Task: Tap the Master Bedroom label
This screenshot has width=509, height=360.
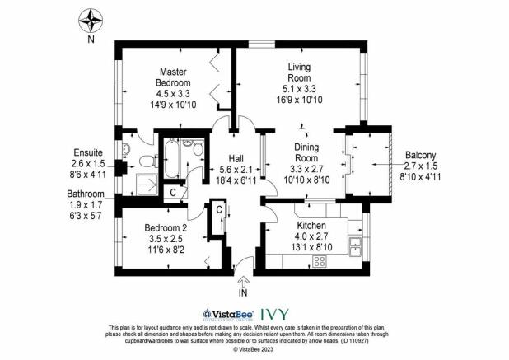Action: coord(173,72)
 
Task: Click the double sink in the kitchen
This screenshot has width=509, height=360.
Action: coord(357,245)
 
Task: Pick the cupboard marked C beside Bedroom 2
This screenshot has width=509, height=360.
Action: coord(219,209)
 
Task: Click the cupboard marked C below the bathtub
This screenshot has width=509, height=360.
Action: coord(172,193)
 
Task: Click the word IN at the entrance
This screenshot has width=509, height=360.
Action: coord(241,292)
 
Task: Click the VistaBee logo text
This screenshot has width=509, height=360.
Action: coord(226,314)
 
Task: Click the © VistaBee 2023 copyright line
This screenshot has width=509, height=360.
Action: coord(254,349)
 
